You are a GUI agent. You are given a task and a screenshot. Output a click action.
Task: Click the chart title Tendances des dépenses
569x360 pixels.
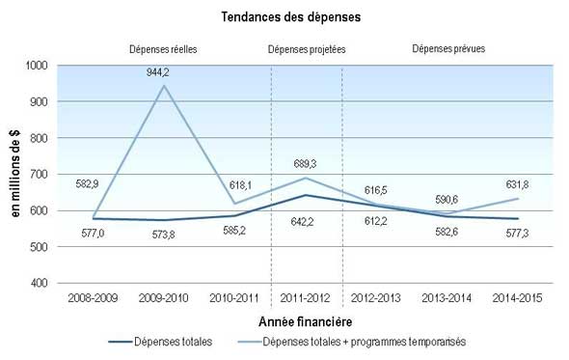[284, 16]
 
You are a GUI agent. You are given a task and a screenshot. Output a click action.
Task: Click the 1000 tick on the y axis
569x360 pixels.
[36, 65]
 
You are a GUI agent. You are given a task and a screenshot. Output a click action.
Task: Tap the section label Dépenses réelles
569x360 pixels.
[164, 48]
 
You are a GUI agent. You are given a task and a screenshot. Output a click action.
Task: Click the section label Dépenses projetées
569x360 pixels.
[309, 48]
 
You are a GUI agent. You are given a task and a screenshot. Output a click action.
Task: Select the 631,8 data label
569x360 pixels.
[526, 184]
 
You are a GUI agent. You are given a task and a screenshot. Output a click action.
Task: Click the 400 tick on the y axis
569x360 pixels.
[40, 283]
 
